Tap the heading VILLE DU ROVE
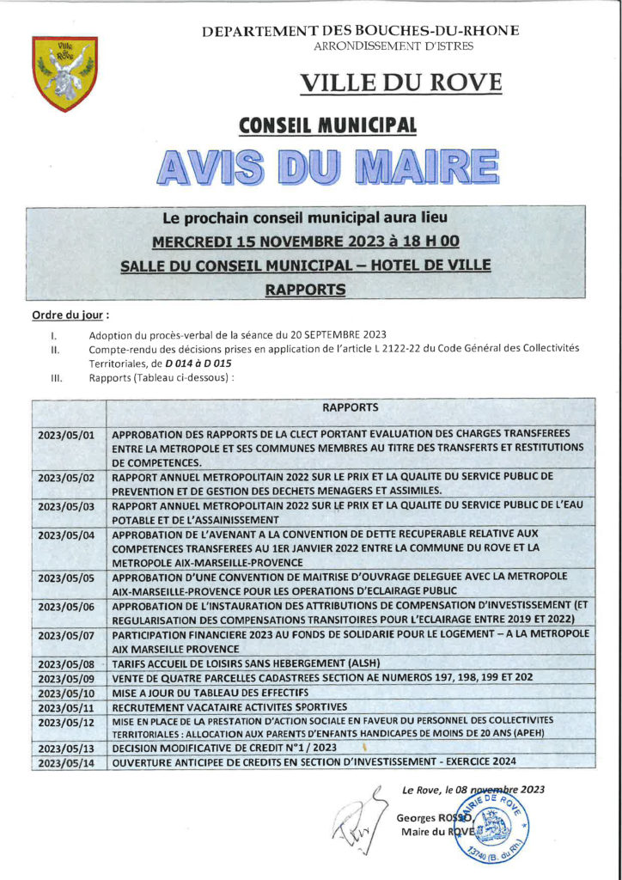(400, 83)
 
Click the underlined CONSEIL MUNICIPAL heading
(327, 125)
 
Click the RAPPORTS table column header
(351, 407)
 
